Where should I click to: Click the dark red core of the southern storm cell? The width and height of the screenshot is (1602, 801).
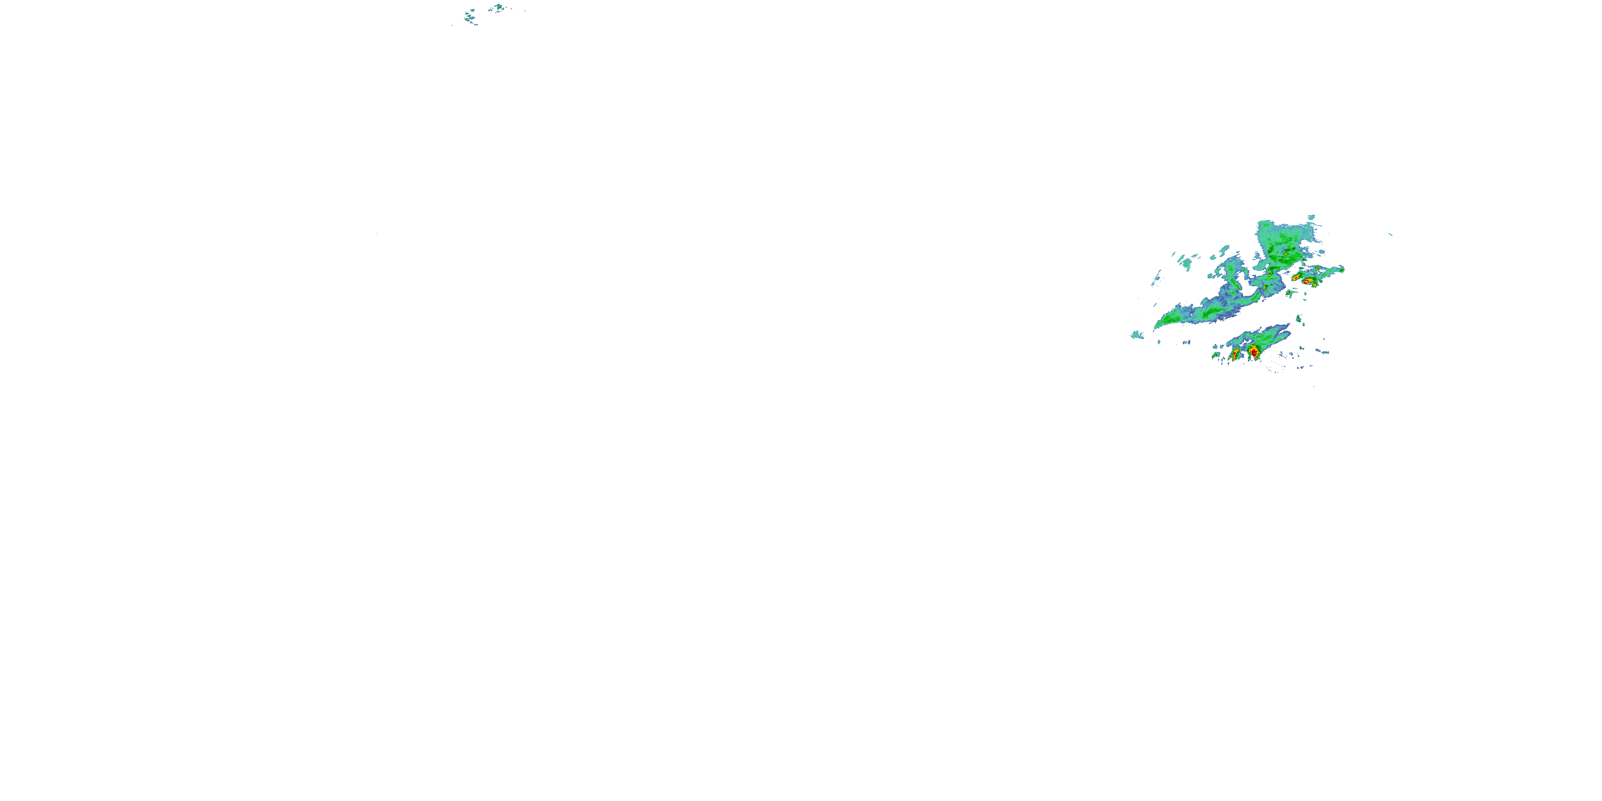coord(1254,352)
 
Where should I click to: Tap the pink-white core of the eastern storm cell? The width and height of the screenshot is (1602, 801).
coord(1307,282)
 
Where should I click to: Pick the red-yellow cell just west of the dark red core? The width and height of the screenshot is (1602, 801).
coord(1236,353)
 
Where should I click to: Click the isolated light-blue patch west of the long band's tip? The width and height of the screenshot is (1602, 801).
coord(1137,335)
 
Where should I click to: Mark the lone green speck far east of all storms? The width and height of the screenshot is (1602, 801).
coord(1391,234)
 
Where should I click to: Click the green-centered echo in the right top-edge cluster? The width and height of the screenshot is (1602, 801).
coord(498,7)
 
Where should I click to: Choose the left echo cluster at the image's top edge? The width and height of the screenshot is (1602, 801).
coord(469,17)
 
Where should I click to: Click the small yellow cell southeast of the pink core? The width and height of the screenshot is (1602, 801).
coord(1315,285)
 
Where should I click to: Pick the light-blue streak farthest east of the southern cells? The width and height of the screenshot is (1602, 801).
coord(1323,352)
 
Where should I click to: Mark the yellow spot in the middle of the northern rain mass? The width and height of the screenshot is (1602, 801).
coord(1285,254)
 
